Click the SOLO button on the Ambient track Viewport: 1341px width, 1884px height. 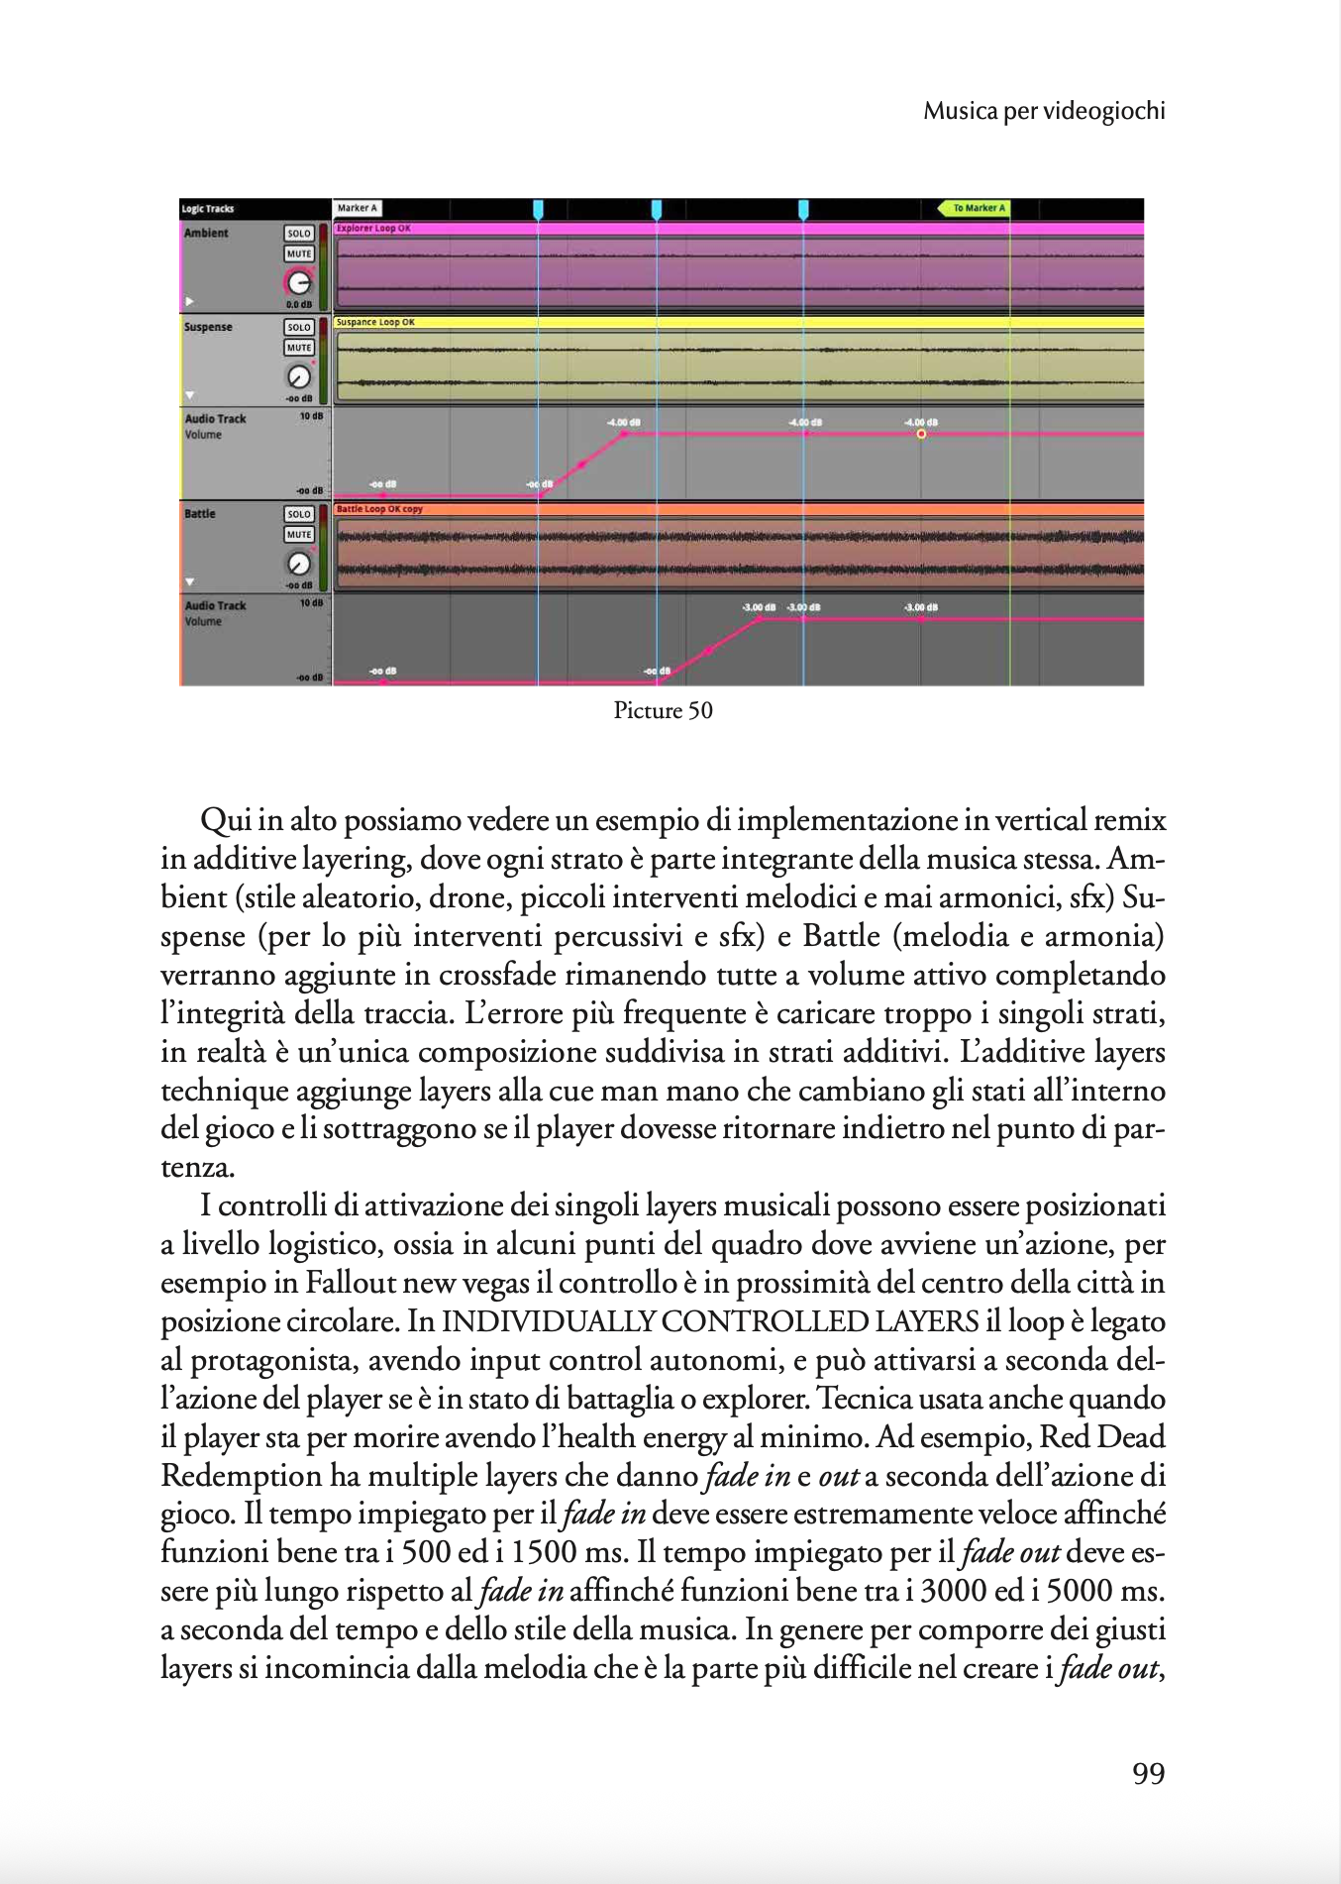click(299, 234)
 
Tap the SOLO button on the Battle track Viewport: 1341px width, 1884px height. click(299, 514)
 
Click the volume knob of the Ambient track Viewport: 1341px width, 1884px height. click(299, 282)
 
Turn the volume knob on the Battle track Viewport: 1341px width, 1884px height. click(299, 564)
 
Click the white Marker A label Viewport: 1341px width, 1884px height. click(357, 208)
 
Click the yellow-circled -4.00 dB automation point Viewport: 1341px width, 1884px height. click(921, 434)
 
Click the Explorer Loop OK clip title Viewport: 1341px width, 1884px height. click(373, 229)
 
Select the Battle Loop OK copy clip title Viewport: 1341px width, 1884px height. click(379, 509)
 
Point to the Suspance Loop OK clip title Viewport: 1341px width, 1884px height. click(375, 322)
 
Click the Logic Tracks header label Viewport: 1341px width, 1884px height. click(208, 209)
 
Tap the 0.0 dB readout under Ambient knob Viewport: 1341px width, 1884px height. click(299, 304)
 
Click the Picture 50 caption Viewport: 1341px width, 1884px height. click(663, 710)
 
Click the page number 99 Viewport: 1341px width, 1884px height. click(1148, 1773)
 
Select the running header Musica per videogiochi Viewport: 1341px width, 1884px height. click(1044, 111)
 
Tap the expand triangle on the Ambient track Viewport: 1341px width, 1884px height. click(189, 301)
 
